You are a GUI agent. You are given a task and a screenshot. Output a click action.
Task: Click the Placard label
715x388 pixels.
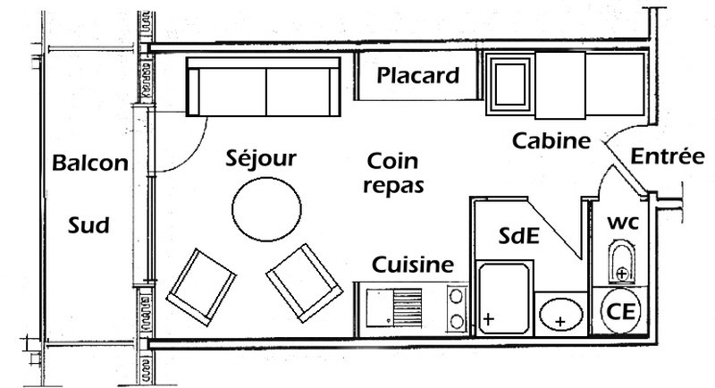[x=418, y=76]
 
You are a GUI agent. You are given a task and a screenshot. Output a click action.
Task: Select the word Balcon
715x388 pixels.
[x=89, y=164]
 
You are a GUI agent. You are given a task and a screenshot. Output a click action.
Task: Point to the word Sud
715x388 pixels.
[x=88, y=226]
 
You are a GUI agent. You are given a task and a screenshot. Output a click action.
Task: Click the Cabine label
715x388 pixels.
[x=551, y=141]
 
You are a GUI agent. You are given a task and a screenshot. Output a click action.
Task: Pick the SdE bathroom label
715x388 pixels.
[x=518, y=237]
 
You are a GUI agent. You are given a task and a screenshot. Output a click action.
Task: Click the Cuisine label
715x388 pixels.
[x=413, y=266]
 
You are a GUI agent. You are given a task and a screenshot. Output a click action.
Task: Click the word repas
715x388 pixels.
[x=394, y=186]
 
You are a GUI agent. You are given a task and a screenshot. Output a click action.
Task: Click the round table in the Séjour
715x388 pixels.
[x=265, y=208]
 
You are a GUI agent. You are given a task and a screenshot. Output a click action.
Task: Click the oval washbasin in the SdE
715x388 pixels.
[x=560, y=315]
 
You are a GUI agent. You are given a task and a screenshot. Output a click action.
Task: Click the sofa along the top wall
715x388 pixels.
[x=265, y=88]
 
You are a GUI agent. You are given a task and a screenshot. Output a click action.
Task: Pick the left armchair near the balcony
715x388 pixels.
[x=201, y=286]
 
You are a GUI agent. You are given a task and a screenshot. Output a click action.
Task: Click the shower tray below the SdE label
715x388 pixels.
[x=505, y=298]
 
